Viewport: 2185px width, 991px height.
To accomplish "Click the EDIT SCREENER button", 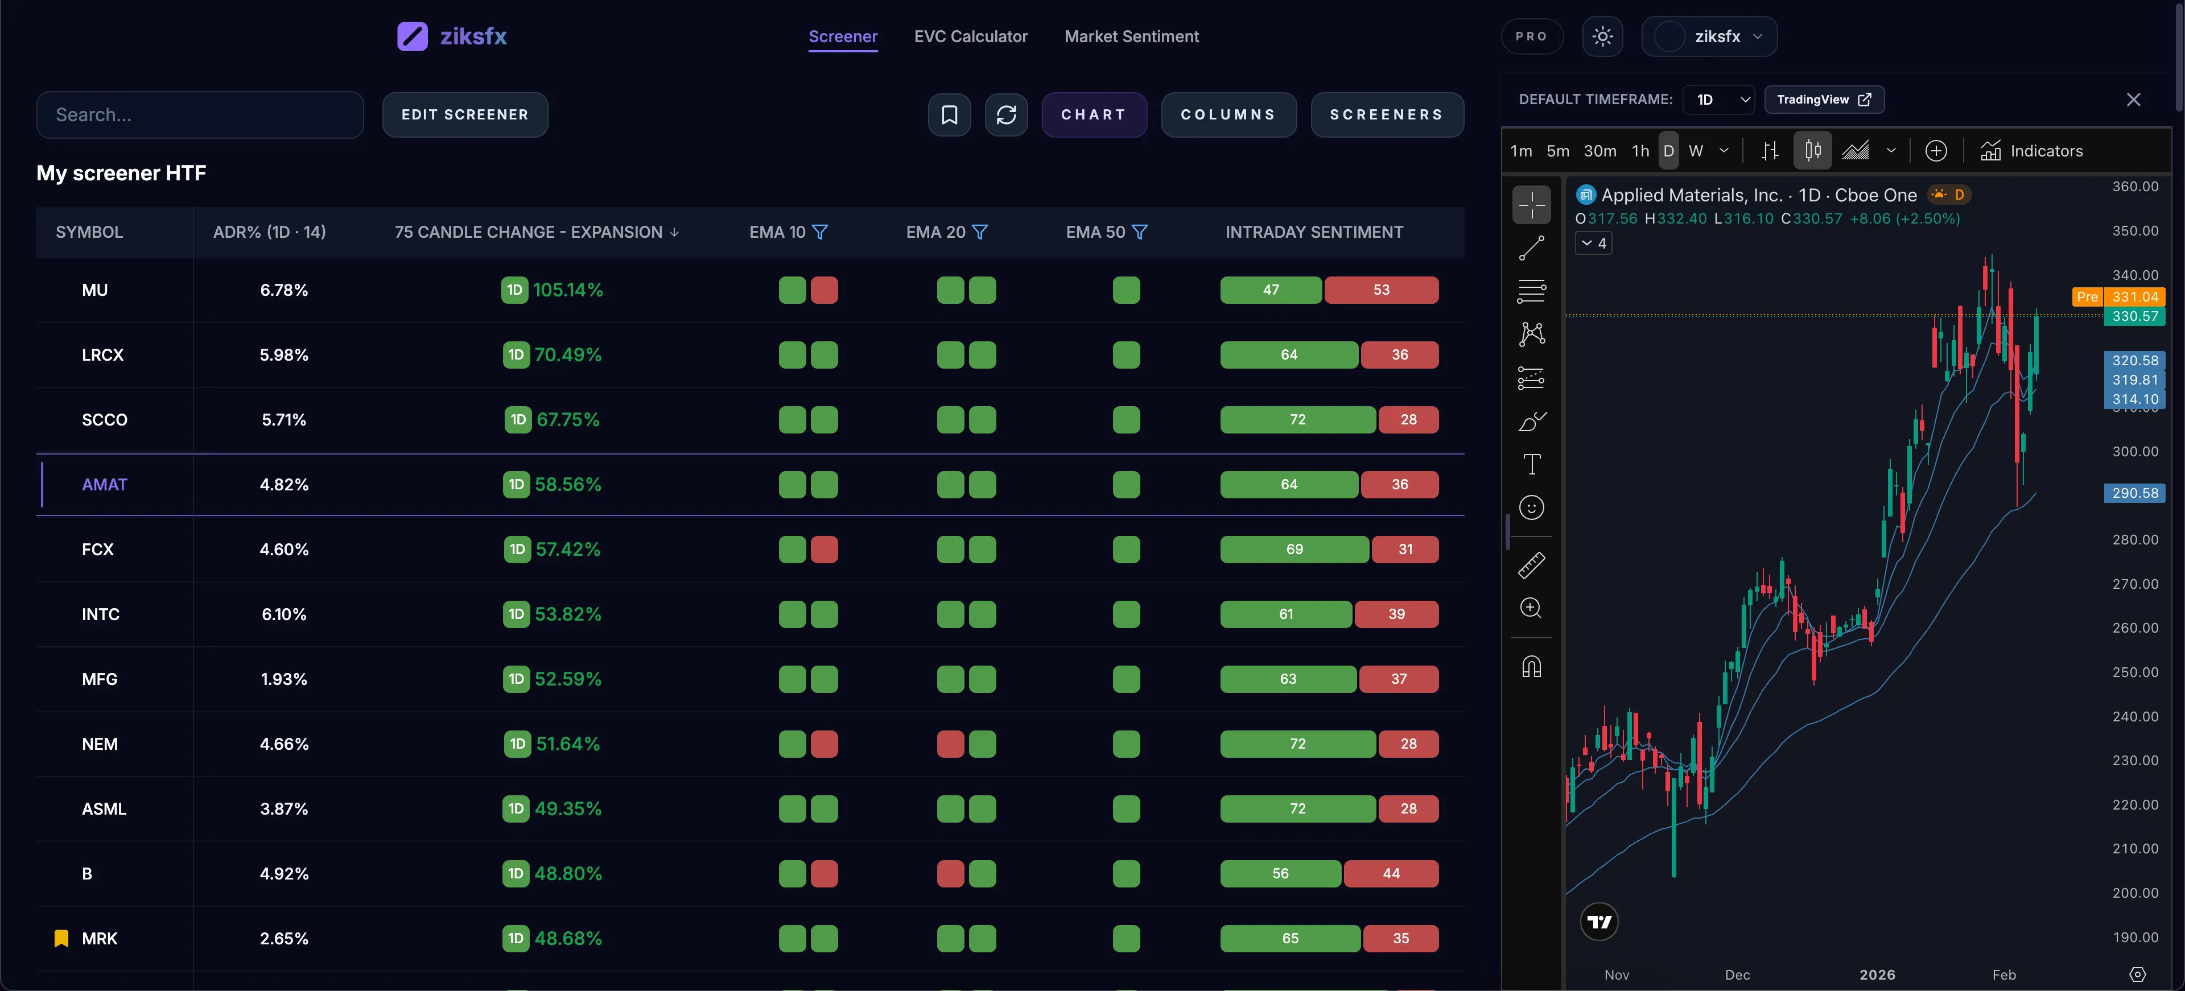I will coord(465,114).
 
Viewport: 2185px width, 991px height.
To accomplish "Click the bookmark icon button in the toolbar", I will coord(949,114).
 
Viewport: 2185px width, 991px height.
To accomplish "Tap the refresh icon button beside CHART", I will coord(1006,114).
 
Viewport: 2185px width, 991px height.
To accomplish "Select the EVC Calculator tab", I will coord(970,36).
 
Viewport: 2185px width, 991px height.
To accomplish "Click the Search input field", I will coord(200,114).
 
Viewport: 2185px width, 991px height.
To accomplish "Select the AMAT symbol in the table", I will coord(104,485).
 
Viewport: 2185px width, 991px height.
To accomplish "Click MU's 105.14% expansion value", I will coord(567,290).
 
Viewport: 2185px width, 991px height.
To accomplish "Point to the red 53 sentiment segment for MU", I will coord(1381,290).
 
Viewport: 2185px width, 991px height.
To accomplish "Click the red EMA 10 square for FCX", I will coord(823,550).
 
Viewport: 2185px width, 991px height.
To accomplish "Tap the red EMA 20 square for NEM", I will coord(950,744).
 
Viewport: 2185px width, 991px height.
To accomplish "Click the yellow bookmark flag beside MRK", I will coord(61,939).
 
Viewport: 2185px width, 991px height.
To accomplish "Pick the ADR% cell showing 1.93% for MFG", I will coord(283,679).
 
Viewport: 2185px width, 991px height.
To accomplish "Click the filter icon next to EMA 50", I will coord(1140,232).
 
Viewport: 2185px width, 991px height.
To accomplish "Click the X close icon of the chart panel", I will coord(2133,99).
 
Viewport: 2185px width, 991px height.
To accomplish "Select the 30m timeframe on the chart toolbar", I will coord(1599,151).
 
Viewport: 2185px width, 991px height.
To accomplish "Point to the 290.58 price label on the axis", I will coord(2134,493).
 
